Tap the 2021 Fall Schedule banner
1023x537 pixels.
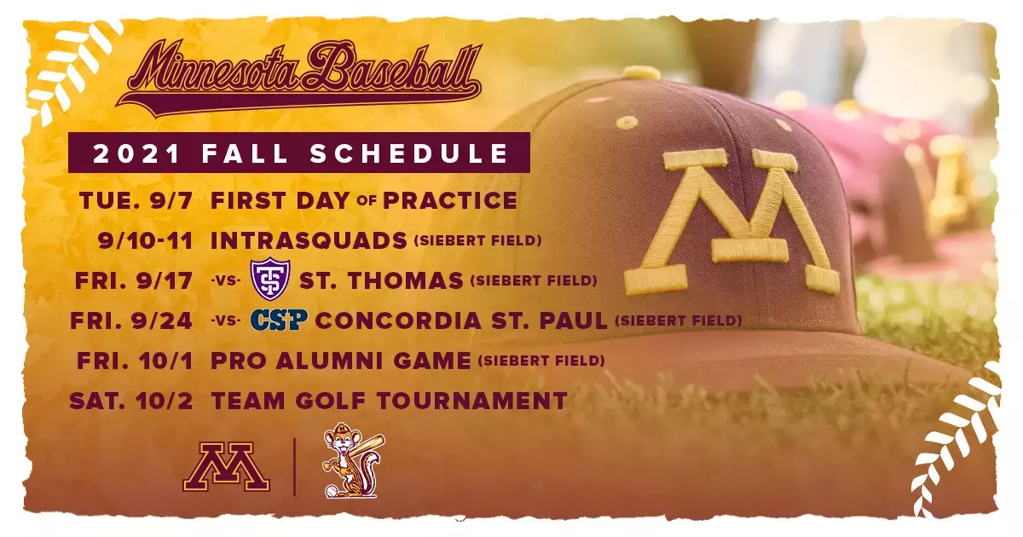[x=300, y=153]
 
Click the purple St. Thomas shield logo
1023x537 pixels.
[x=273, y=279]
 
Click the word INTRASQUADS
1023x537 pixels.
[x=309, y=240]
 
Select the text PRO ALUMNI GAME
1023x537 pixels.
[x=341, y=361]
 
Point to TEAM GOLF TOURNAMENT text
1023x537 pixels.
[x=389, y=400]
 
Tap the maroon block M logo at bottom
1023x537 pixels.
[x=226, y=467]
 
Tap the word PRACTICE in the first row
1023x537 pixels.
[x=450, y=200]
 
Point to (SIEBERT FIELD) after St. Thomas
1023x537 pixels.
[x=534, y=280]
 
